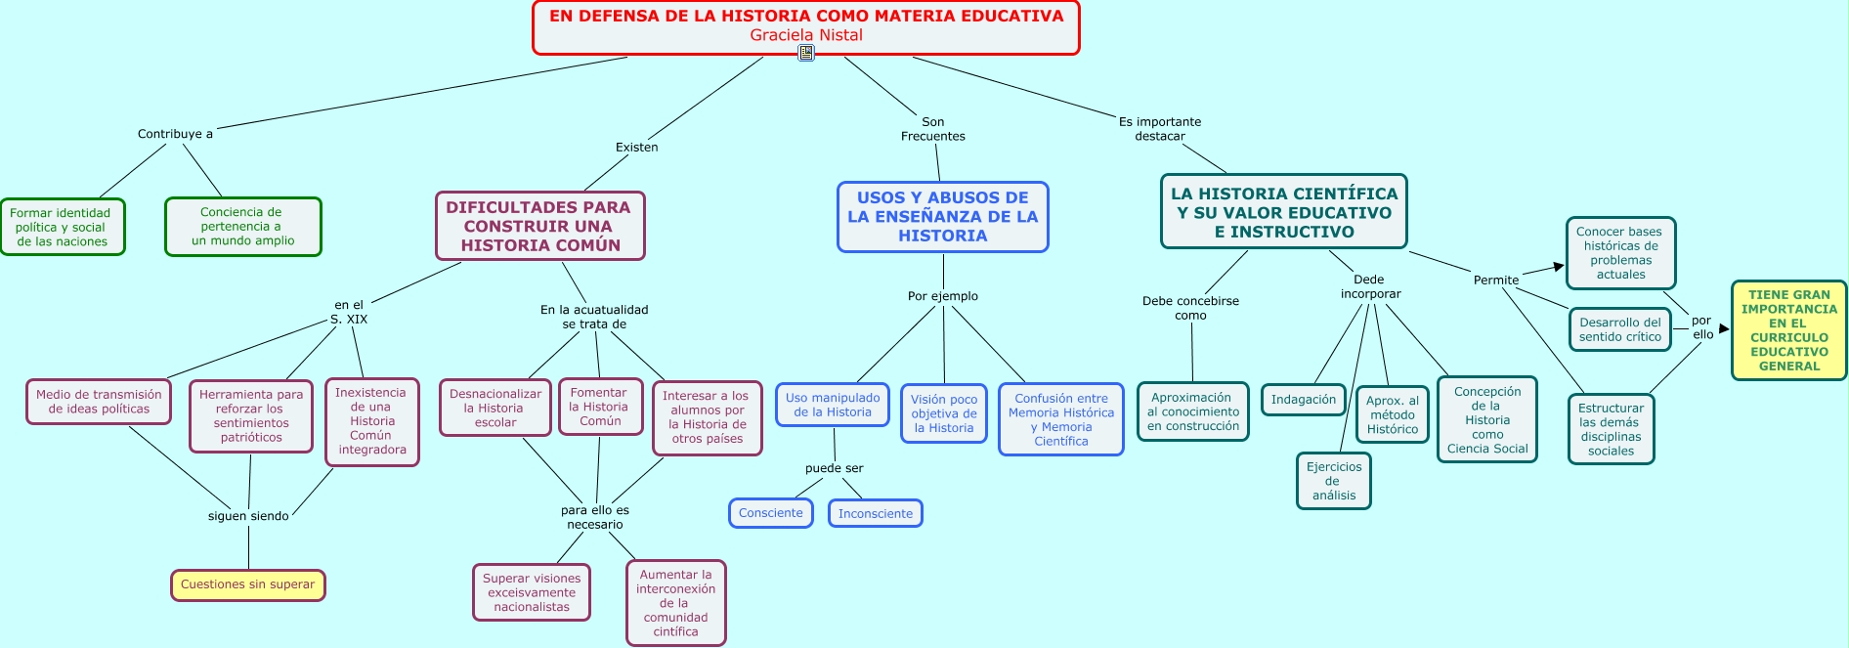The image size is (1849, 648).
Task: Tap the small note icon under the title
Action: [806, 53]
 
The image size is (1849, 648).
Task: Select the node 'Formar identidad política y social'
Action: [62, 227]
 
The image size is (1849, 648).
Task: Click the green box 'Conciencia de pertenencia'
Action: [242, 227]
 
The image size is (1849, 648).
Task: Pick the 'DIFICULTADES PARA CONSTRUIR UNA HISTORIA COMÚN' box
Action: [539, 226]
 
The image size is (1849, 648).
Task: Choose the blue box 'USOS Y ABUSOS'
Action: [942, 217]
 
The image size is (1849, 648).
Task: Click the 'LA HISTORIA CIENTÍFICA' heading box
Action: [1283, 212]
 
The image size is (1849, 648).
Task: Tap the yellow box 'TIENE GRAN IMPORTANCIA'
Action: [1788, 330]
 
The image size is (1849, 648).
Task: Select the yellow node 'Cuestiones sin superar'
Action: [247, 584]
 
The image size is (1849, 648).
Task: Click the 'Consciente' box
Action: [770, 513]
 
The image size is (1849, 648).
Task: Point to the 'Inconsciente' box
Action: [875, 513]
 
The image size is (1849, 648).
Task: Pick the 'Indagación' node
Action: [1303, 400]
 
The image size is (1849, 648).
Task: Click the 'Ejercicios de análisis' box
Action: [1333, 481]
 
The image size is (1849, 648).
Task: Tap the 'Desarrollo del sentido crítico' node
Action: [1619, 329]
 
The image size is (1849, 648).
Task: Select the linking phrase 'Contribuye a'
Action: [175, 134]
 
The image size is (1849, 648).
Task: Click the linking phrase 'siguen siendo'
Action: [248, 516]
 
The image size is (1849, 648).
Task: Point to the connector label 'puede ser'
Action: [834, 468]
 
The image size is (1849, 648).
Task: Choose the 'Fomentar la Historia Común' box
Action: [600, 407]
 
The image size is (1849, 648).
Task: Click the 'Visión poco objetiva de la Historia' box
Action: [943, 413]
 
